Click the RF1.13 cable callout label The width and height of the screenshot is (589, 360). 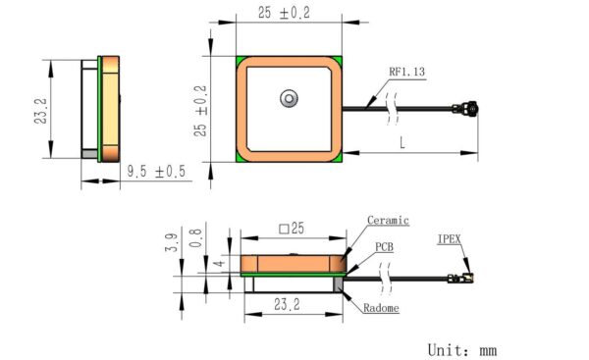click(x=406, y=72)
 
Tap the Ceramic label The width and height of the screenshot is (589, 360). click(x=388, y=220)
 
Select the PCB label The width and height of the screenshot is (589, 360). click(x=384, y=247)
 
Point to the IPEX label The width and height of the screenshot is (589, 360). click(x=449, y=239)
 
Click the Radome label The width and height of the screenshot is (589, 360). click(x=381, y=308)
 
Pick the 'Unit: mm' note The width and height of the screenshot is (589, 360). click(x=462, y=350)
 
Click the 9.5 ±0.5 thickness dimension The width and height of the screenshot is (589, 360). click(x=156, y=172)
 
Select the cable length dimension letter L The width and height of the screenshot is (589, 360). click(x=402, y=142)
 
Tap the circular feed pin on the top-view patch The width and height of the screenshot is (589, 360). click(x=289, y=99)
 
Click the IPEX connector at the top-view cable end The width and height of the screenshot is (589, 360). click(x=465, y=109)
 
